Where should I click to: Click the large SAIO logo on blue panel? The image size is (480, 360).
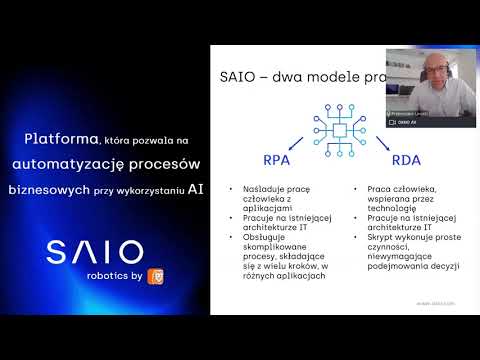click(x=94, y=252)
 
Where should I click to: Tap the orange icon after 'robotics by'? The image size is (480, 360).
click(x=155, y=275)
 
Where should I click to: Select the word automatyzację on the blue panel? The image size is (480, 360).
click(x=76, y=162)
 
